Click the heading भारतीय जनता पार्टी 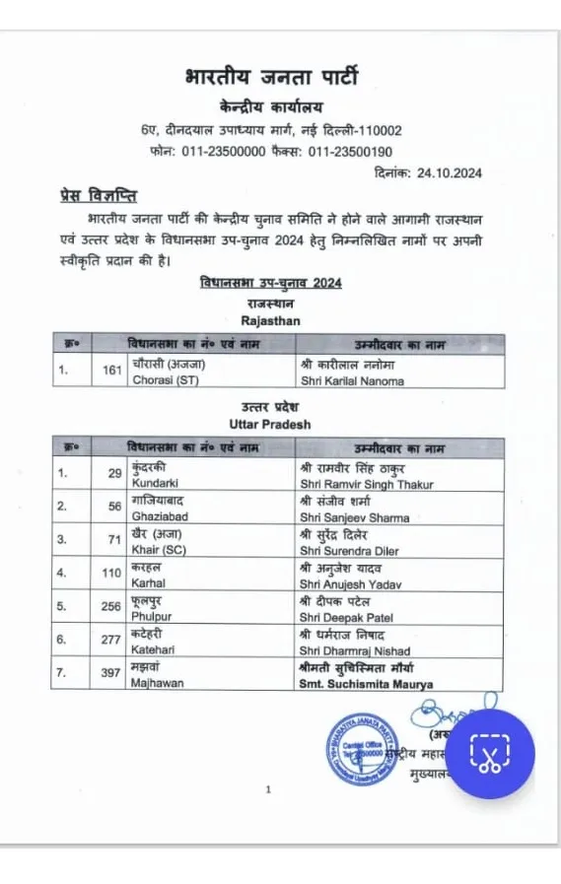(271, 76)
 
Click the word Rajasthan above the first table (270, 320)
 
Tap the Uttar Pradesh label (269, 424)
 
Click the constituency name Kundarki (155, 484)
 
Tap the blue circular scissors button (486, 754)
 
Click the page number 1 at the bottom (267, 789)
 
